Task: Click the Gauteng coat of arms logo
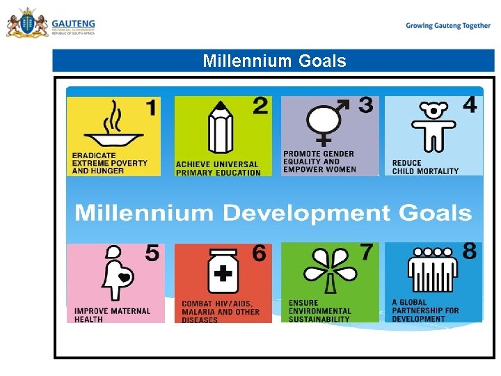(26, 24)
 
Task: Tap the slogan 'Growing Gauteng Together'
(448, 26)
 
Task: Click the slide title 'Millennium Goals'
(274, 61)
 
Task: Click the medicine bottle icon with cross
(223, 272)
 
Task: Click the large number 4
(470, 105)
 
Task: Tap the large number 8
(470, 251)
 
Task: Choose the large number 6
(259, 254)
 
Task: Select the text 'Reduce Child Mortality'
(425, 167)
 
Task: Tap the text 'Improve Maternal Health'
(112, 315)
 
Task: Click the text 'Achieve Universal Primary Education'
(217, 169)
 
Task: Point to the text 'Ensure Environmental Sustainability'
(319, 311)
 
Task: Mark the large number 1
(150, 108)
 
